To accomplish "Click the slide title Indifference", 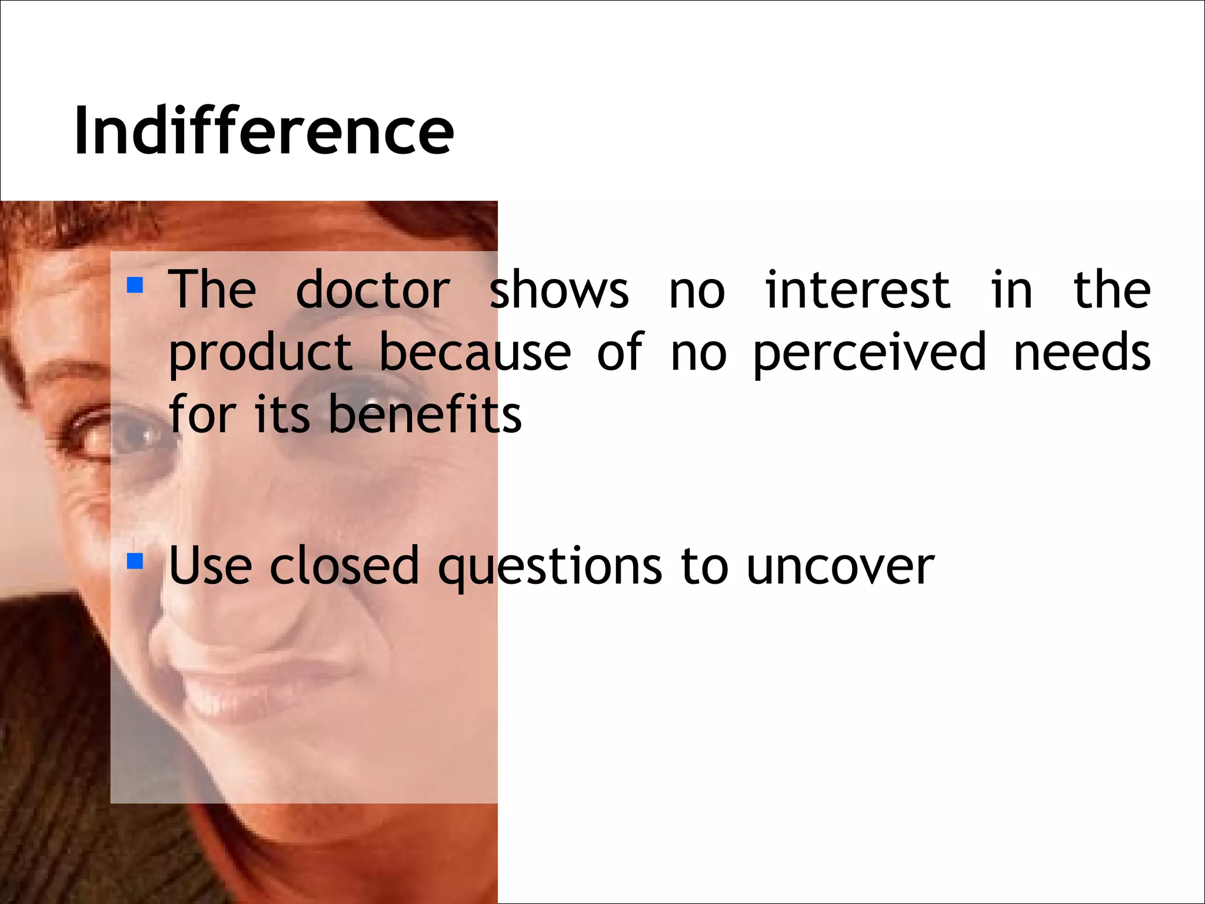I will [264, 131].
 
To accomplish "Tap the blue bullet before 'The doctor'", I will [135, 285].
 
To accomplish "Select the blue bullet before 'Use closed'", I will [135, 561].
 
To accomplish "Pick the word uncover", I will [840, 566].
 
